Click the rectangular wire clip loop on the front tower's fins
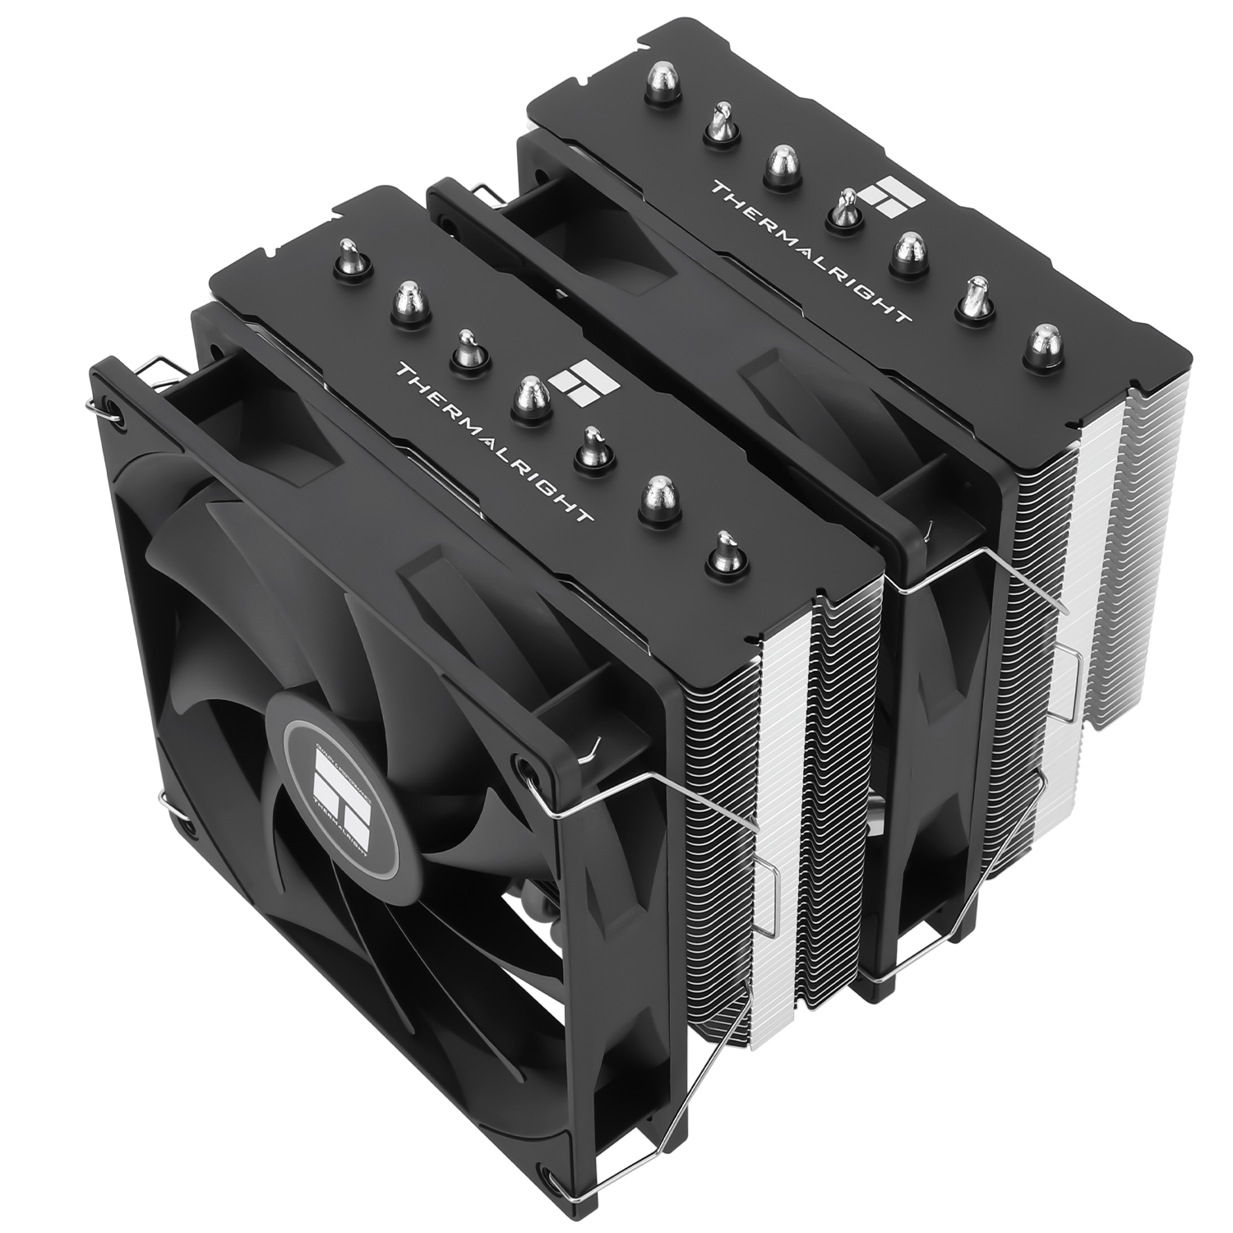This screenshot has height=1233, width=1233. coord(769,892)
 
